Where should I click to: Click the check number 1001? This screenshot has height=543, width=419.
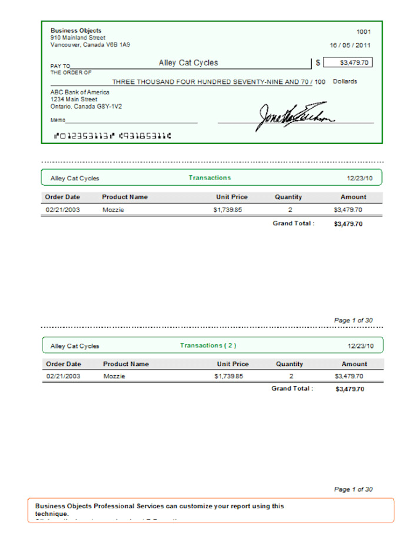coord(364,31)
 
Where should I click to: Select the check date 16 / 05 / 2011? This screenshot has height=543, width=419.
coord(350,45)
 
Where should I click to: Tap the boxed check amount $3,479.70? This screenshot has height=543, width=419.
coord(348,62)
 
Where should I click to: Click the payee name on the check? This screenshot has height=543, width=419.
coord(188,63)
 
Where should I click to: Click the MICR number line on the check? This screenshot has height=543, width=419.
coord(112,135)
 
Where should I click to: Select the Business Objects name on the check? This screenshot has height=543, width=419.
coord(76,30)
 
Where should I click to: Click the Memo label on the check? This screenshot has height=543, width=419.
coord(57,120)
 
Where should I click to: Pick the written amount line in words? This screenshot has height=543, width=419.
coord(218,81)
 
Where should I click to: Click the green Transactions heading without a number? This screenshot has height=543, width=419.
coord(209,178)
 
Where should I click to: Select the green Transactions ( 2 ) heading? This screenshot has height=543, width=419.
coord(208,346)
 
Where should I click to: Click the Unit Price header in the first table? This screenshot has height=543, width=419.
coord(232,197)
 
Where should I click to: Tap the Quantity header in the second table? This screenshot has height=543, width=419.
coord(289,364)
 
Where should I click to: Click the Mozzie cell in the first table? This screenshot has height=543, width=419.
coord(113,210)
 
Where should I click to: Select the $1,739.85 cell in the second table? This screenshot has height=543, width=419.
coord(229,376)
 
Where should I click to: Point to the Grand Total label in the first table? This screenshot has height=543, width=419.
coord(293,223)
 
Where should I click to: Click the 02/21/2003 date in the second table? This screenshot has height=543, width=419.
coord(63,376)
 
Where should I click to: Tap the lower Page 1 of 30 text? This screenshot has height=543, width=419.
coord(353,489)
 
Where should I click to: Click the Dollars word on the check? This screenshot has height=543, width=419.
coord(344,81)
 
